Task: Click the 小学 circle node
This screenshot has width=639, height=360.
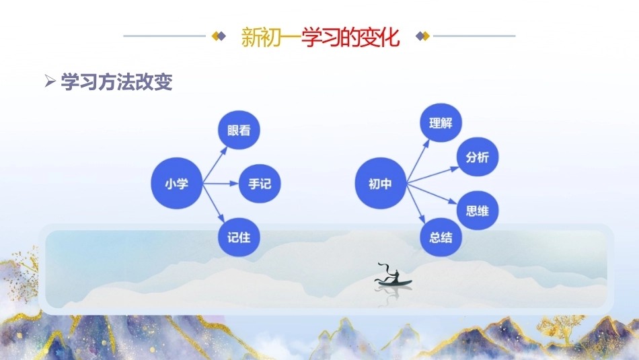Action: pos(176,184)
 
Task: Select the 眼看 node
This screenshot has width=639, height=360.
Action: pos(239,130)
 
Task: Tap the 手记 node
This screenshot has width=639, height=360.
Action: pos(260,184)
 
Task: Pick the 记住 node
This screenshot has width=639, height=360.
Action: pos(239,238)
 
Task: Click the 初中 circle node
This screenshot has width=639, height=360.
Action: pos(380,184)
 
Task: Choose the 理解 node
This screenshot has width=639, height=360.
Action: pos(441,122)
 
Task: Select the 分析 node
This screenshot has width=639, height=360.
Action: pos(477,157)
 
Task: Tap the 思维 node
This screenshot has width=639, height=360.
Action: pos(477,211)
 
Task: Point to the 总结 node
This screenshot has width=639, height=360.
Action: pos(441,238)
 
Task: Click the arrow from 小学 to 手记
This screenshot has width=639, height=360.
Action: pos(221,184)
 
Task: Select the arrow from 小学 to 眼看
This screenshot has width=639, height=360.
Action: pos(215,165)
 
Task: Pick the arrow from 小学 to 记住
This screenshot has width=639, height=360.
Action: pos(213,203)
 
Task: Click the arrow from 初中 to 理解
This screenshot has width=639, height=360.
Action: pos(418,161)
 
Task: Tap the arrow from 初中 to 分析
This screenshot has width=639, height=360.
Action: pos(433,175)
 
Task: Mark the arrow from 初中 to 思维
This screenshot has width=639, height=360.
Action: pos(432,194)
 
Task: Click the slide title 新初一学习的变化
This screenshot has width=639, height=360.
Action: pos(320,37)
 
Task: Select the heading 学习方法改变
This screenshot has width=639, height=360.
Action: pos(116,81)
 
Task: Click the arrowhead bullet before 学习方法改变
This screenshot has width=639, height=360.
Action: pos(50,81)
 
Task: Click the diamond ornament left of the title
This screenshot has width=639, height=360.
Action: pos(219,36)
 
